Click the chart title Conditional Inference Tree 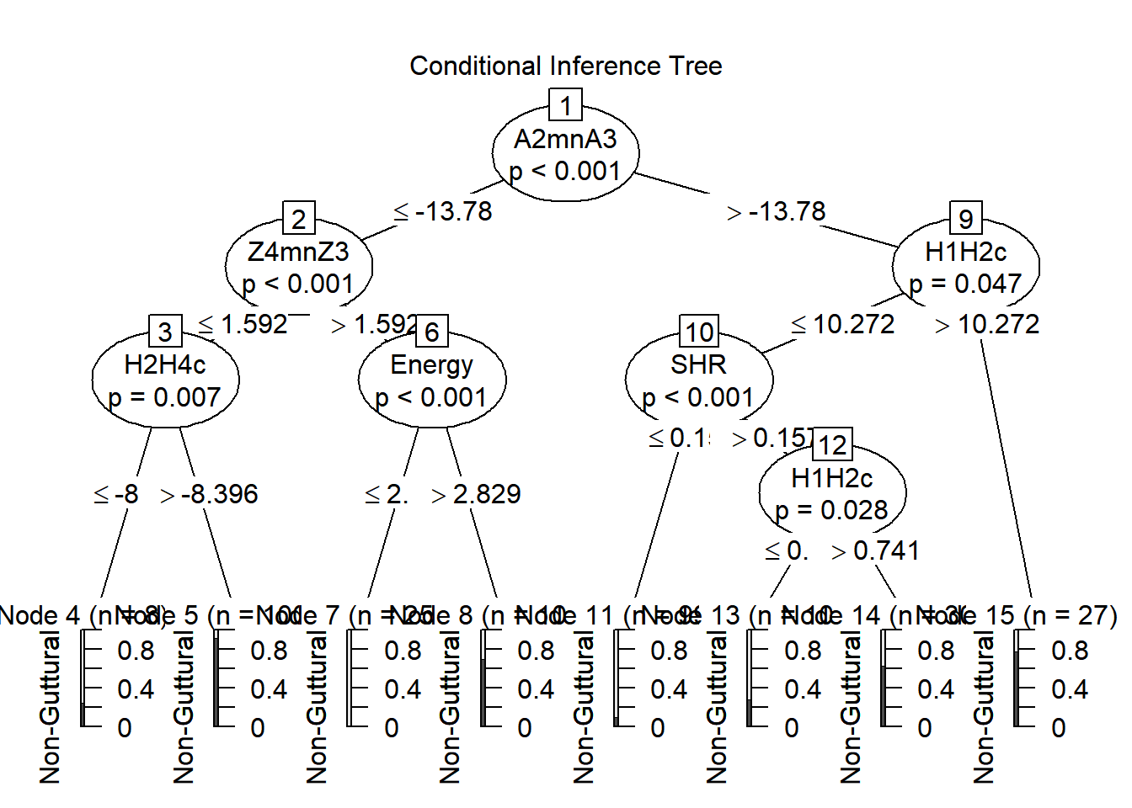[x=565, y=66]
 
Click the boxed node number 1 [x=565, y=106]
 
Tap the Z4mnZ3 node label [x=298, y=252]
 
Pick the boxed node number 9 [x=965, y=219]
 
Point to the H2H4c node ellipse [x=165, y=380]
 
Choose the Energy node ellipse [x=432, y=380]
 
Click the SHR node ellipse [x=699, y=380]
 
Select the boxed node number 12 [x=832, y=444]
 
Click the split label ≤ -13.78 [x=443, y=211]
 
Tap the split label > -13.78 [x=777, y=211]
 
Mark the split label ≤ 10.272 [x=843, y=324]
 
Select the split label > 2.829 [x=476, y=494]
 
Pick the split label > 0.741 [x=875, y=550]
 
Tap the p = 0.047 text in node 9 [x=965, y=284]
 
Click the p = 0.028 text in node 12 [x=831, y=510]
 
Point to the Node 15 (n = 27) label [x=1044, y=615]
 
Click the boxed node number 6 [x=432, y=332]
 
